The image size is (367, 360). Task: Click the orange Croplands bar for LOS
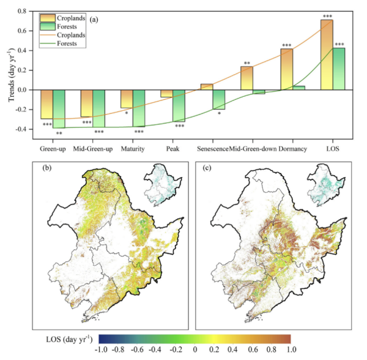(x=326, y=55)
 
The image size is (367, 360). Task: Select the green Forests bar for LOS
(x=338, y=69)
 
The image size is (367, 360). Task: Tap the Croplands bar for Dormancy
(x=286, y=69)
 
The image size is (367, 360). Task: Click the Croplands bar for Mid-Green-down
(x=247, y=78)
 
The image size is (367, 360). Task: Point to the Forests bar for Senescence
(x=218, y=99)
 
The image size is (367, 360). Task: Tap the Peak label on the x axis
(x=172, y=149)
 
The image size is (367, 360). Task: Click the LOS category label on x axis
(x=332, y=149)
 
